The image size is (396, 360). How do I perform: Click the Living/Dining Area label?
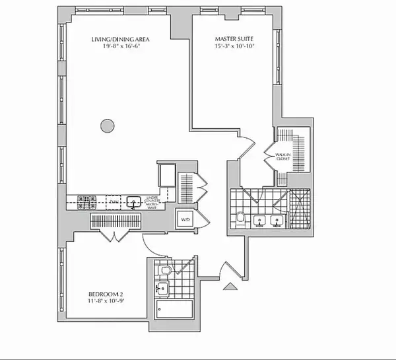tap(117, 39)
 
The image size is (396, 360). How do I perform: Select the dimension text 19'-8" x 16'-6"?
tap(117, 47)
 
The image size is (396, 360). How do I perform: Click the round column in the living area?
tap(106, 124)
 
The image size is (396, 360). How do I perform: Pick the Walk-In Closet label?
tap(284, 157)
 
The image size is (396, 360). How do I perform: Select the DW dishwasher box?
tap(114, 201)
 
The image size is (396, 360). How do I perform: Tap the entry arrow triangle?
tap(230, 286)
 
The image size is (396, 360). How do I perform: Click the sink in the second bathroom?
tap(161, 288)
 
